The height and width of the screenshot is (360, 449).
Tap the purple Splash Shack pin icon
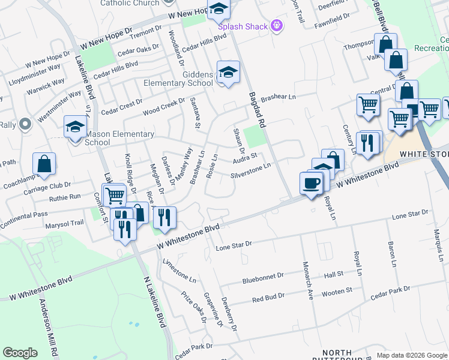(x=276, y=26)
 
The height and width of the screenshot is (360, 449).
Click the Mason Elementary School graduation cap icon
(x=76, y=127)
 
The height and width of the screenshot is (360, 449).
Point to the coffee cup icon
(x=311, y=182)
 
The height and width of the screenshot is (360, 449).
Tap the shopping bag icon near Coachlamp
(x=44, y=163)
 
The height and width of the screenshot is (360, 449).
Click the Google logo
(x=20, y=353)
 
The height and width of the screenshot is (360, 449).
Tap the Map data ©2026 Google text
(x=411, y=355)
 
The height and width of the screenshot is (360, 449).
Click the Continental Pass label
(x=41, y=214)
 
